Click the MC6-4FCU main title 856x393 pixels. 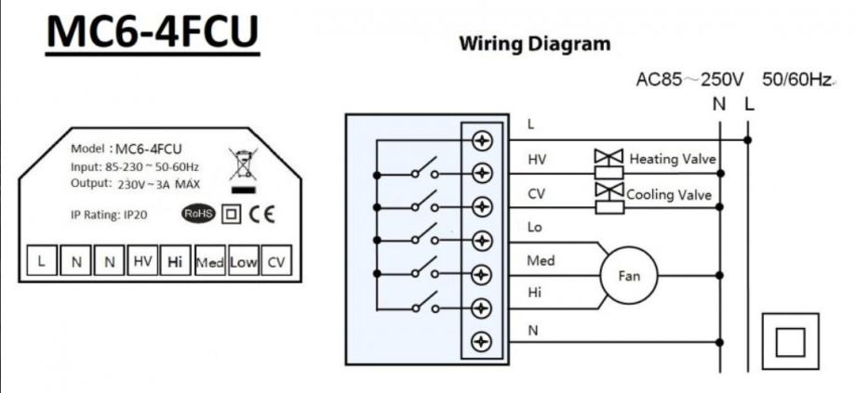[x=152, y=33]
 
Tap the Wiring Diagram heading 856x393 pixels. [x=535, y=44]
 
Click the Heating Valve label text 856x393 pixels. [x=673, y=160]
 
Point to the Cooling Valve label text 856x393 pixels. [x=669, y=195]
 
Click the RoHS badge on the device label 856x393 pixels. [x=197, y=214]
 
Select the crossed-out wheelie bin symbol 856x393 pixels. [x=242, y=165]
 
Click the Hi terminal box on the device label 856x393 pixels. [x=174, y=263]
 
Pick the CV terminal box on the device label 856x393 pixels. [x=275, y=263]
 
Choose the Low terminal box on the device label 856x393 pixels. [x=243, y=263]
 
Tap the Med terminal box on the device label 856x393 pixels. [x=208, y=263]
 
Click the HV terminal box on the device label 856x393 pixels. [x=141, y=263]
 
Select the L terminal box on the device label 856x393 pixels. [x=41, y=263]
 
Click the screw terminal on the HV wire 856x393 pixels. [x=482, y=173]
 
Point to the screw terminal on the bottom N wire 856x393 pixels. [x=482, y=341]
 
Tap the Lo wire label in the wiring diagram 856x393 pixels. [x=534, y=227]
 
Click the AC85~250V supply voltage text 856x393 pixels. [x=689, y=81]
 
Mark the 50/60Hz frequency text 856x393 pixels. [x=796, y=81]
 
